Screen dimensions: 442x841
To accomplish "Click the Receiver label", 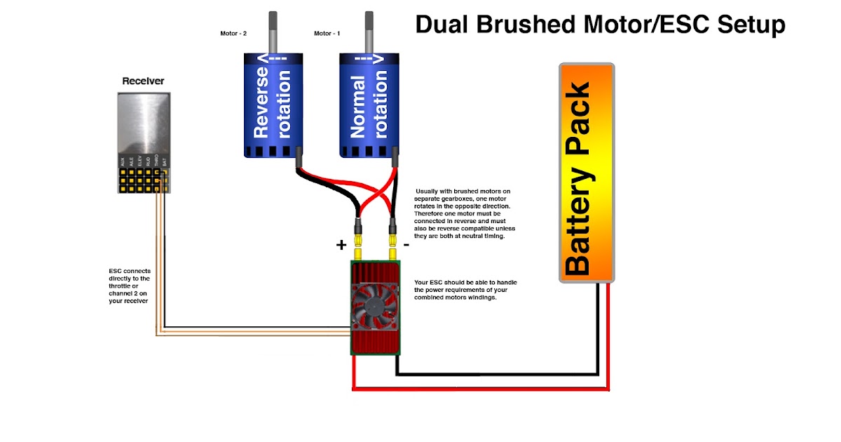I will point(143,81).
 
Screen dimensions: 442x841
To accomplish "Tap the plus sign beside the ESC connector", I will point(341,245).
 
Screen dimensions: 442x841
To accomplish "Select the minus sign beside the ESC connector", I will point(406,245).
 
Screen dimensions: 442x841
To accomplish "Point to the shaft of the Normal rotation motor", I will point(369,32).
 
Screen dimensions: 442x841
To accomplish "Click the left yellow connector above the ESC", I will point(359,248).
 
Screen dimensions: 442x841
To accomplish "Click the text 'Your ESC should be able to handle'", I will point(465,282).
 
